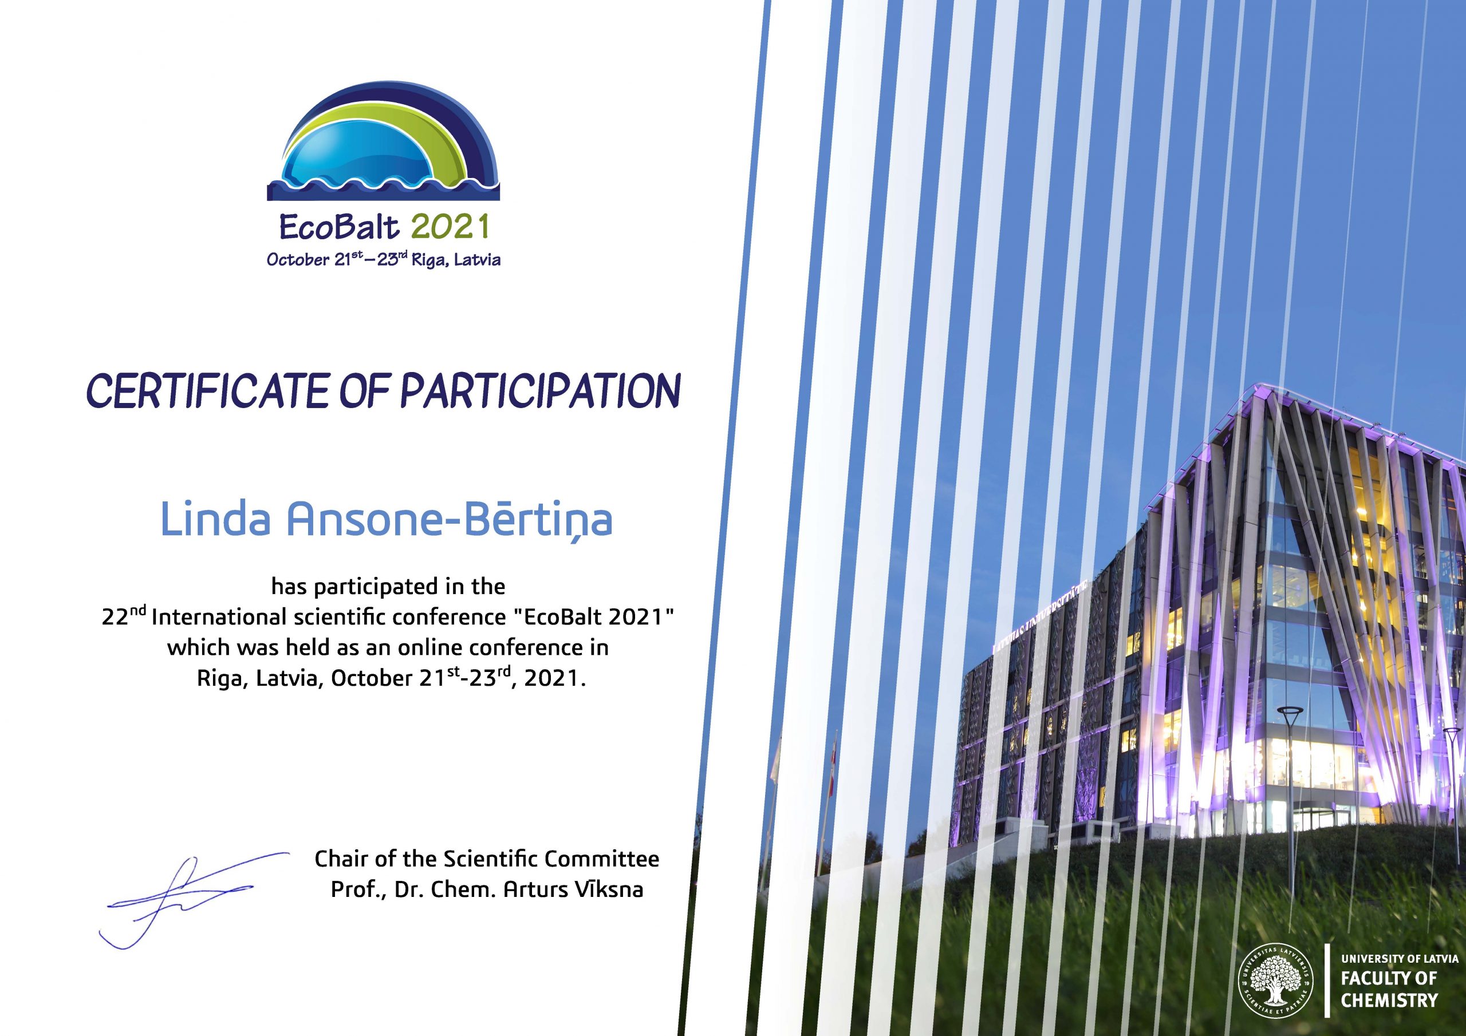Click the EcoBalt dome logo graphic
(x=383, y=144)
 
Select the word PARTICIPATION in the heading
(x=539, y=391)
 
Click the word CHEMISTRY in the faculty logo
(x=1389, y=1001)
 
